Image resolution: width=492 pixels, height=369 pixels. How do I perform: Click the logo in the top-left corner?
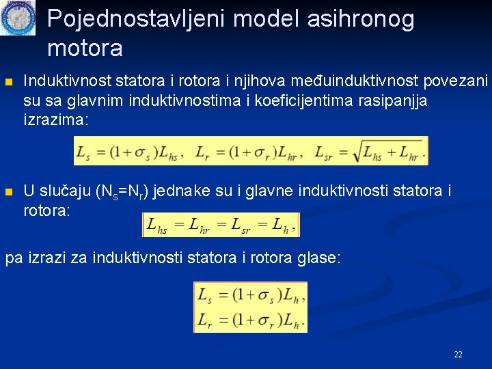coord(18,18)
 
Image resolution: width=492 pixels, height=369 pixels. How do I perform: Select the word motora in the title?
coord(85,48)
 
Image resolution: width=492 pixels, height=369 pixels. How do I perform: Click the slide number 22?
coord(458,355)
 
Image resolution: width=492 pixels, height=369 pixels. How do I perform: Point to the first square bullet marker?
coord(9,83)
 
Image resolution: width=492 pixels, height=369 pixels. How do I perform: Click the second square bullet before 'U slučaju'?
coord(9,192)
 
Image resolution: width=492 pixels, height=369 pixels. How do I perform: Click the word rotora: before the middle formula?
coord(46,210)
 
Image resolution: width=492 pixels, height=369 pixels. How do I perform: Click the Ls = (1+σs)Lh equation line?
coord(250,295)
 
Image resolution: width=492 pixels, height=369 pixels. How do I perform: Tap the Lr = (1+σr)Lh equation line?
coord(250,319)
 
